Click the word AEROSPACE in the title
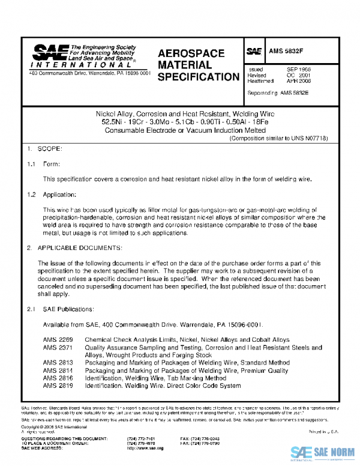pyautogui.click(x=191, y=54)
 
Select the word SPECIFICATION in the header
pyautogui.click(x=199, y=77)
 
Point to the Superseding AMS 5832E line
pyautogui.click(x=278, y=93)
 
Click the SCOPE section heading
pyautogui.click(x=49, y=148)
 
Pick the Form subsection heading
pyautogui.click(x=51, y=164)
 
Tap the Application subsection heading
pyautogui.click(x=59, y=195)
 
